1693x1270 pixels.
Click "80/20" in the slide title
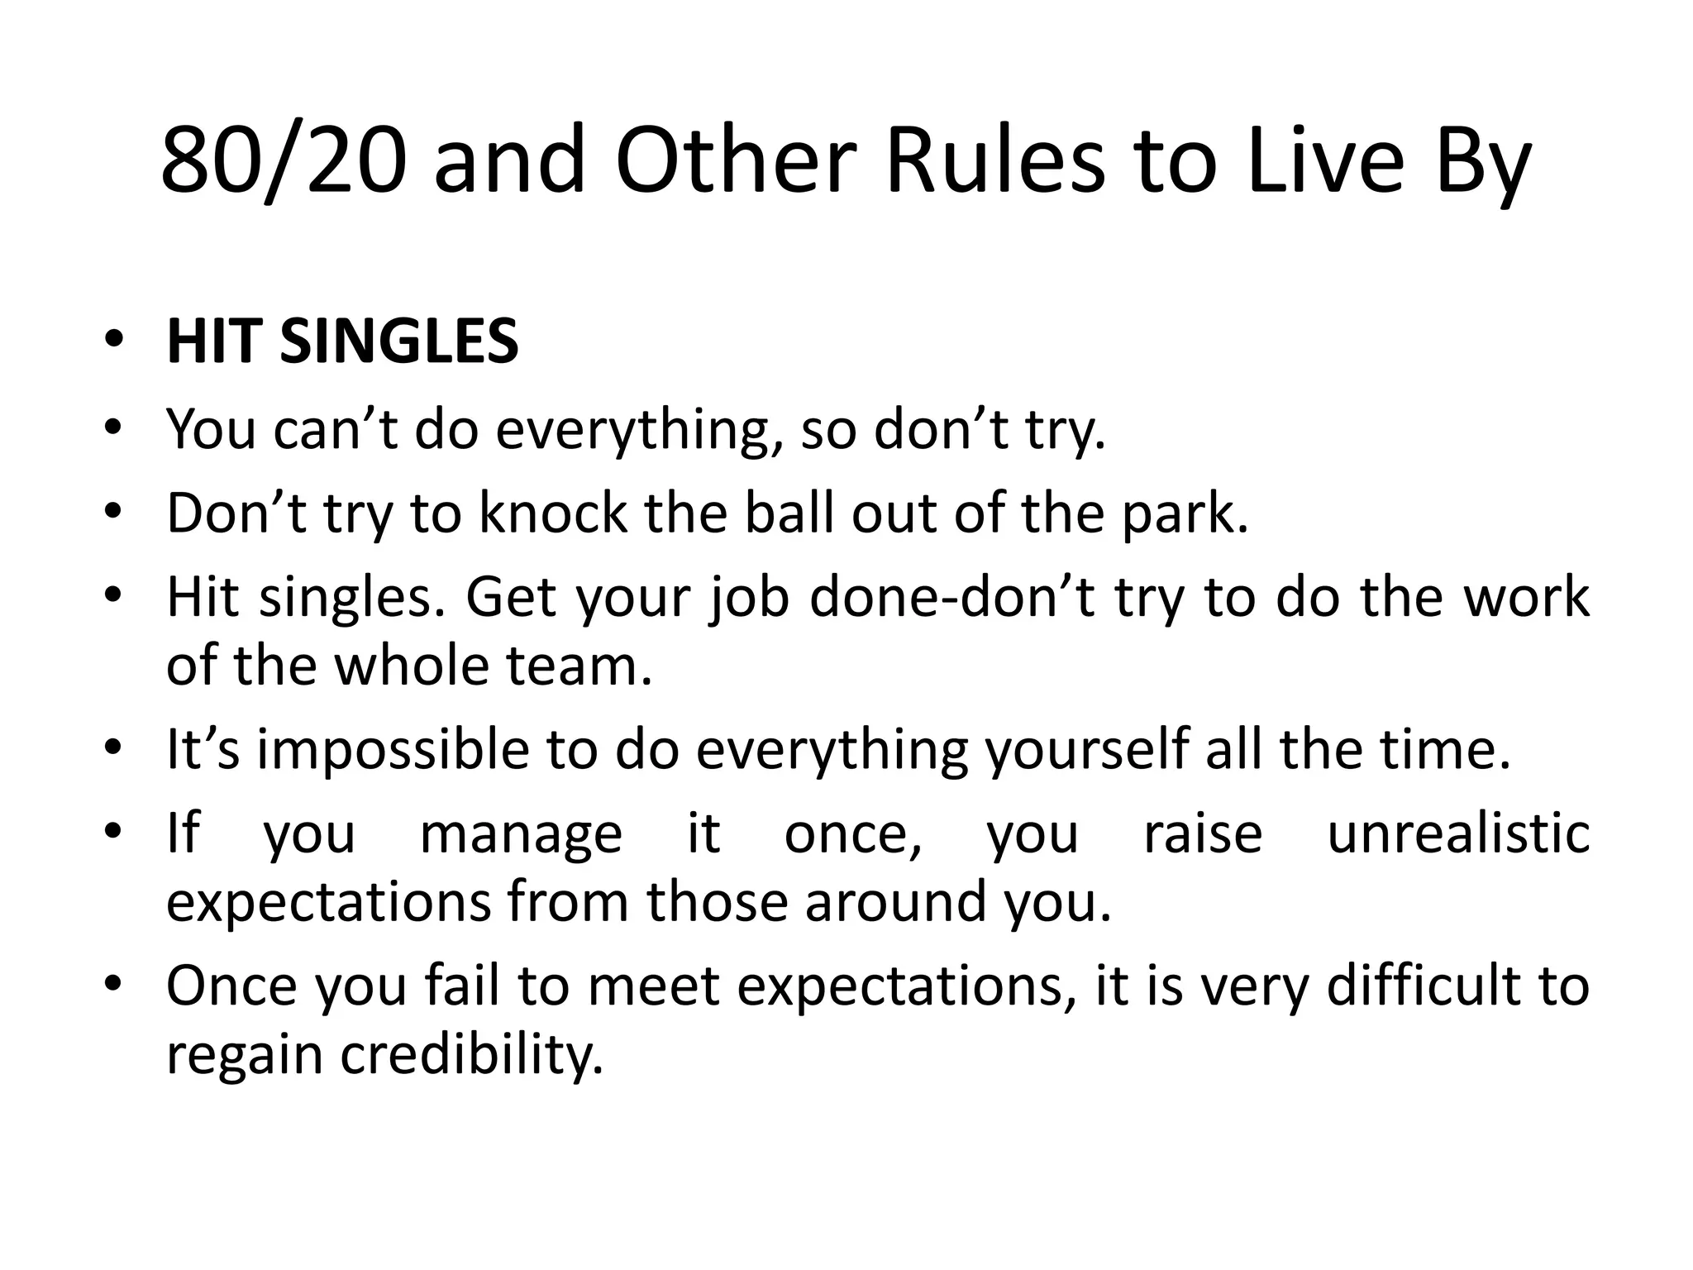coord(284,160)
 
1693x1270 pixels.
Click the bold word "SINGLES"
coord(399,341)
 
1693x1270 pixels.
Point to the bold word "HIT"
coord(215,341)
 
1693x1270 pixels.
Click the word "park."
coord(1184,514)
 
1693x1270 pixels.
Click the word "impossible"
coord(392,750)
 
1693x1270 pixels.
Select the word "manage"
coord(521,833)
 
